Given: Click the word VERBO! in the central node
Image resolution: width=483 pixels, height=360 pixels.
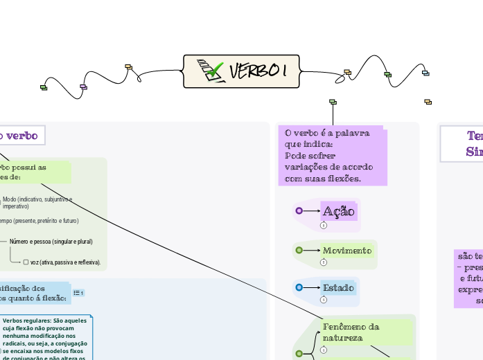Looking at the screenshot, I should tap(258, 71).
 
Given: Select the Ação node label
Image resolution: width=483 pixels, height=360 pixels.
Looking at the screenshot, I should tap(339, 211).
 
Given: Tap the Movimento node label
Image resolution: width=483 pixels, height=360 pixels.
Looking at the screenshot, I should tap(347, 250).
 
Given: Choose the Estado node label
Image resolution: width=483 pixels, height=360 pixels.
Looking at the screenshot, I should tap(338, 287).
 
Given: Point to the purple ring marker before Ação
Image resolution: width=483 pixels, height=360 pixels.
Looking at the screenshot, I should tap(299, 211).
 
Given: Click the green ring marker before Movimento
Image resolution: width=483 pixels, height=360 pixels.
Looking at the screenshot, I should tap(299, 250).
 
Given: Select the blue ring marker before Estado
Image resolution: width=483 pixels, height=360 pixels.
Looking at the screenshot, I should tap(299, 287).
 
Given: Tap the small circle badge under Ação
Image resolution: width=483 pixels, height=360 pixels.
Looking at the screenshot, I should tap(324, 226).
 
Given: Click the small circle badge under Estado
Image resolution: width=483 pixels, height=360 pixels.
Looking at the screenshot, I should tap(324, 300).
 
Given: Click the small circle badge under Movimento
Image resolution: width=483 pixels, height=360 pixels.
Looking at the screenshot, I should tap(324, 262).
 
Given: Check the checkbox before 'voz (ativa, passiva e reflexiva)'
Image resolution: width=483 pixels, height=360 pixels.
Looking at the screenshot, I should tap(26, 262).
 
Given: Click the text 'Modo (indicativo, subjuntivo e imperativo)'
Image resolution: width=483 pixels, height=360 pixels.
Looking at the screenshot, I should tap(42, 202).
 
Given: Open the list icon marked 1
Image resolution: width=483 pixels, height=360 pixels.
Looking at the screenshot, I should tap(78, 293).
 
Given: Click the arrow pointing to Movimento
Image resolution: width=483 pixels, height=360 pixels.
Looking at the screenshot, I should tap(313, 250).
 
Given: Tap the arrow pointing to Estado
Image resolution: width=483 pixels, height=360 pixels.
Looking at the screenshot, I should tap(313, 287).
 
